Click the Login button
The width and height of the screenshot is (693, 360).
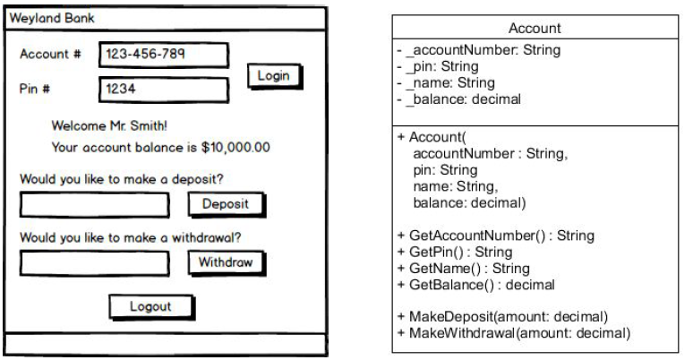273,76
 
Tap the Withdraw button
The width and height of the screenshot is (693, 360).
226,263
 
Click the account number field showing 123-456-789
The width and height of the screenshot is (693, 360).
162,55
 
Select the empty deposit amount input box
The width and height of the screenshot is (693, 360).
94,205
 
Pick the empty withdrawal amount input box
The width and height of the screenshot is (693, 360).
94,263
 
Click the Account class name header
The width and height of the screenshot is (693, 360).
536,30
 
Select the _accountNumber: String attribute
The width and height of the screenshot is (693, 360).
484,51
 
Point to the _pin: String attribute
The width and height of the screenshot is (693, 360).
448,67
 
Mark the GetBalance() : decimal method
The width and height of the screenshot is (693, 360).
475,285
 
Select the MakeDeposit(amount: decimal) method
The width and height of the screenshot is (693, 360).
502,317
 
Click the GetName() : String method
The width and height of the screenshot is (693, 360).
463,269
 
